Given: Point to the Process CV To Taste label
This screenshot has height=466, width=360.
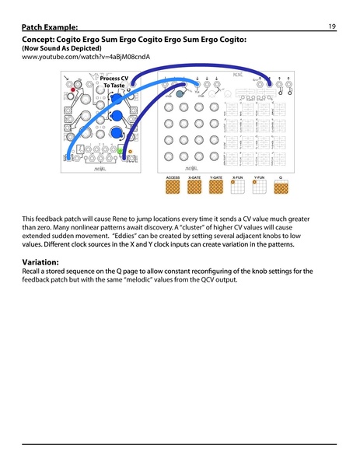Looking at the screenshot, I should click(x=114, y=82).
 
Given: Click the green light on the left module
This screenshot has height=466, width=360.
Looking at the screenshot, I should click(x=121, y=148).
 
